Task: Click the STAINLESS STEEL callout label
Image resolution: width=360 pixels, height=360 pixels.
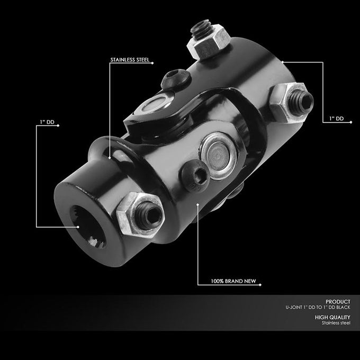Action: (x=130, y=60)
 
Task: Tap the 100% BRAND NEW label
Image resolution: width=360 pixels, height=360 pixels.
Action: (x=233, y=281)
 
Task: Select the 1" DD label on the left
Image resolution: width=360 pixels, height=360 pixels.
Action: (x=47, y=122)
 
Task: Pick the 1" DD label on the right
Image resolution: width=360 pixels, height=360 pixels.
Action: (x=337, y=119)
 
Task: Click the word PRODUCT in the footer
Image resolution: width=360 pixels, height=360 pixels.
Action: (x=338, y=302)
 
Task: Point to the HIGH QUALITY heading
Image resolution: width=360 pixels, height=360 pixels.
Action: (x=332, y=317)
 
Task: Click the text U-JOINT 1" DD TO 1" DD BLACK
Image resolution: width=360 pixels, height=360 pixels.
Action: (x=318, y=307)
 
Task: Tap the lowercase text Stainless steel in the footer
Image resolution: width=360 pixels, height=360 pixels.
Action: (x=336, y=323)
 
